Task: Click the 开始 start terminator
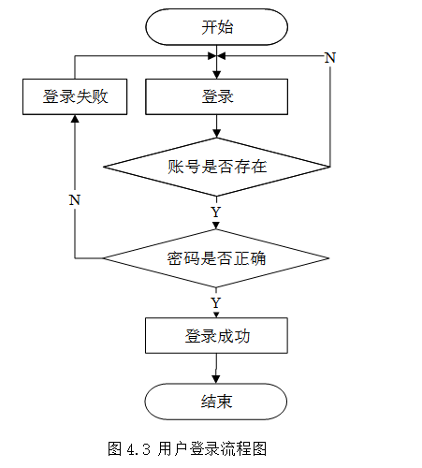pyautogui.click(x=216, y=27)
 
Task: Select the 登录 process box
pyautogui.click(x=216, y=96)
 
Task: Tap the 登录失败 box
pyautogui.click(x=75, y=96)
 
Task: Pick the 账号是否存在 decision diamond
pyautogui.click(x=216, y=167)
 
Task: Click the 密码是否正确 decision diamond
pyautogui.click(x=216, y=258)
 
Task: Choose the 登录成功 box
pyautogui.click(x=216, y=336)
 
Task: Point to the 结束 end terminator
pyautogui.click(x=216, y=402)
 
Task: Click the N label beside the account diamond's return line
pyautogui.click(x=330, y=58)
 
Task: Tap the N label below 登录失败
pyautogui.click(x=75, y=200)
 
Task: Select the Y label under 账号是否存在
pyautogui.click(x=216, y=212)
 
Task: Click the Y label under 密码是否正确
pyautogui.click(x=216, y=302)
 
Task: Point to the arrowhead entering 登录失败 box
pyautogui.click(x=75, y=119)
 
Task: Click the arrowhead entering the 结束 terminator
pyautogui.click(x=216, y=379)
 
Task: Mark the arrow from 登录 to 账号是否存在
pyautogui.click(x=216, y=126)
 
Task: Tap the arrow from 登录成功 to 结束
pyautogui.click(x=216, y=369)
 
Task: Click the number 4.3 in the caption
pyautogui.click(x=138, y=449)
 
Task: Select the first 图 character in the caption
pyautogui.click(x=115, y=449)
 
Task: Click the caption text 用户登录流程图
pyautogui.click(x=212, y=449)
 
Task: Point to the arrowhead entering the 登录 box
pyautogui.click(x=216, y=75)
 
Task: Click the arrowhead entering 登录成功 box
pyautogui.click(x=216, y=314)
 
